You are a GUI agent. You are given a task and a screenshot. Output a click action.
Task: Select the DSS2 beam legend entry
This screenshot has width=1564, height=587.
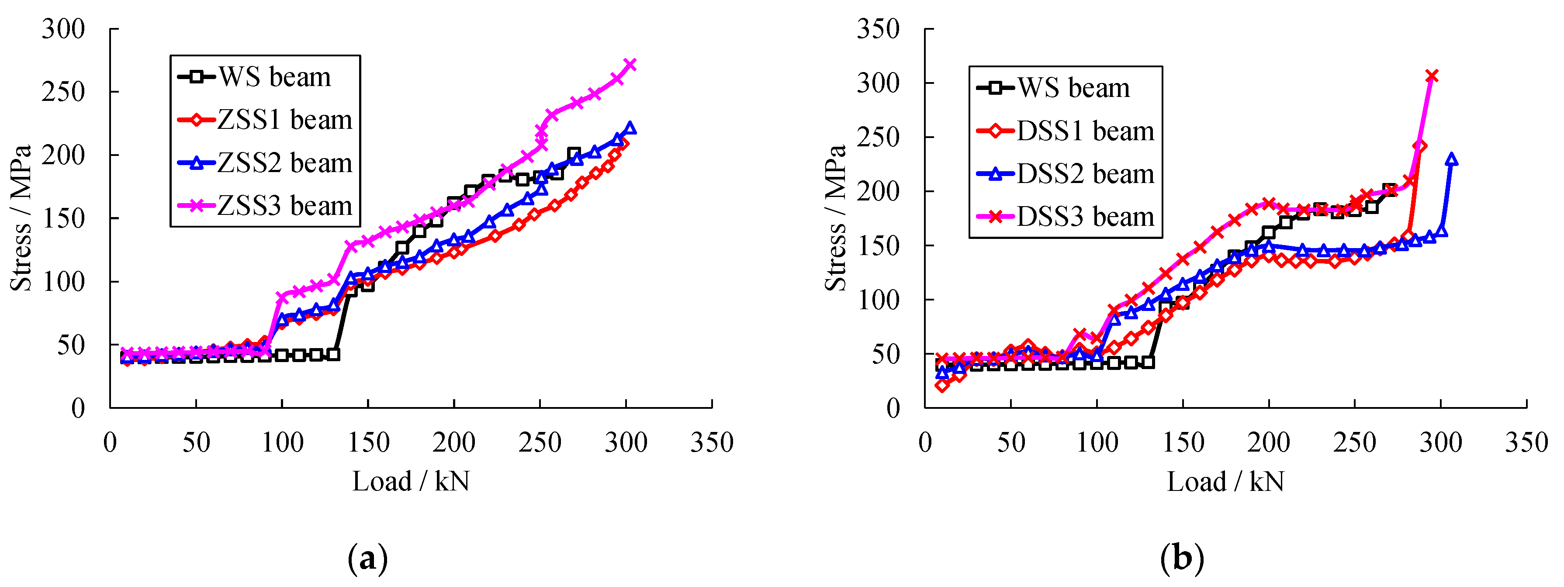[1066, 174]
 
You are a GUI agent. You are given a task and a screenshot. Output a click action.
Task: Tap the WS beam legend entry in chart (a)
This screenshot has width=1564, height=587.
[256, 77]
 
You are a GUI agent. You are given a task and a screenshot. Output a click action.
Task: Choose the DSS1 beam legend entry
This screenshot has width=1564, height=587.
[1066, 131]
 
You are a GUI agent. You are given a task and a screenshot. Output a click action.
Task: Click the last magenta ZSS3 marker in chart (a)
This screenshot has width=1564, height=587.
[630, 64]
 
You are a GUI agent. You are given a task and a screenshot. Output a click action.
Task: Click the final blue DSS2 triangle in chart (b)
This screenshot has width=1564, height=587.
[1452, 159]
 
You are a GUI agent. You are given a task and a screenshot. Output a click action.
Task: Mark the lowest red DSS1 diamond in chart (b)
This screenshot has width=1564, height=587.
[942, 385]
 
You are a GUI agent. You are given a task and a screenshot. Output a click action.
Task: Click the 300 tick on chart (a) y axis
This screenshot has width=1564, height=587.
[63, 29]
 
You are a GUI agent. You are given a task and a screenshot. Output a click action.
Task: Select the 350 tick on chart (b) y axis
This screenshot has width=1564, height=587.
[878, 29]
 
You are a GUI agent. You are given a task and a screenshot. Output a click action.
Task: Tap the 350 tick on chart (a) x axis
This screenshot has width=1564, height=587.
[712, 442]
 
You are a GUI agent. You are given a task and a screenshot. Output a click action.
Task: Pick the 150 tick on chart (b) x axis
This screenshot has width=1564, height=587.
[1183, 442]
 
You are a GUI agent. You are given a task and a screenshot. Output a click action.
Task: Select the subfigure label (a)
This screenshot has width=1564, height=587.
[367, 557]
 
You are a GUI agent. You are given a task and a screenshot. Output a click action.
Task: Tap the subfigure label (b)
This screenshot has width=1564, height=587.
[1181, 557]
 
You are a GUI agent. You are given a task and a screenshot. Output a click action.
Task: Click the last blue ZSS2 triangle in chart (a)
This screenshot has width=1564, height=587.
[630, 128]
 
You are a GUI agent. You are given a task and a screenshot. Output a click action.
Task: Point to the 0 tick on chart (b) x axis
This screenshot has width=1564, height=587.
[925, 442]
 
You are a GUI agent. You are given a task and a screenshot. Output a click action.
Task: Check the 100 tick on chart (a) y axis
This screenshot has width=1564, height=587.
[63, 282]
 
